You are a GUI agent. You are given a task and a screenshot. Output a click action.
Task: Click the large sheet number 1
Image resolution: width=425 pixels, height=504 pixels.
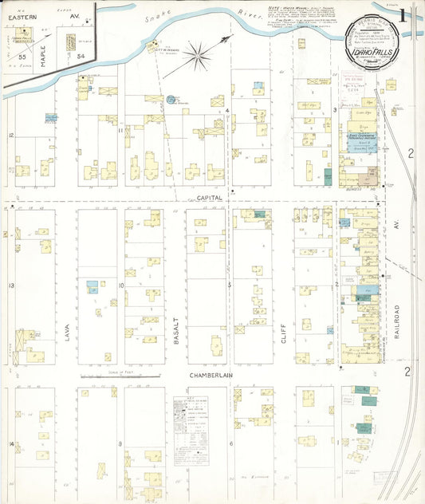pos(406,16)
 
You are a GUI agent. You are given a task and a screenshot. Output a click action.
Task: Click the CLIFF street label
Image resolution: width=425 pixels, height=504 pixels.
pos(282,329)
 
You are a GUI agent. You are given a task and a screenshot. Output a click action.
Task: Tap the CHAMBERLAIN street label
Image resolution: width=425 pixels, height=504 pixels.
pos(211,374)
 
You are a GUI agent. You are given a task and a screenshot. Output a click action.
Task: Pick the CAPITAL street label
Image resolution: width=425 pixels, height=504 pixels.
pos(211,196)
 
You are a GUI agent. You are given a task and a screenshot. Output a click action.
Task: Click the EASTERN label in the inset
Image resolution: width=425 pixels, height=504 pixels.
pos(17,14)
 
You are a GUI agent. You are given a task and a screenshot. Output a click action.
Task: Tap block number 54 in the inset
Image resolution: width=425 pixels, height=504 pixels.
pos(81,56)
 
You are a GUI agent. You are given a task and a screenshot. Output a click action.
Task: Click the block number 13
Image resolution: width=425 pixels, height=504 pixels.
pos(11,285)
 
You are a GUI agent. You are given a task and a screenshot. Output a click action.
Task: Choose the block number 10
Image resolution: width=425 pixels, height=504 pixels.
pos(120,285)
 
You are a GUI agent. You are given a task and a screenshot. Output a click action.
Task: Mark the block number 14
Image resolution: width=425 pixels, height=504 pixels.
pos(11,443)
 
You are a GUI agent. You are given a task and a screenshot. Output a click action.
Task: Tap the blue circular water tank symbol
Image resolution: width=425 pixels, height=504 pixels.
pos(171,100)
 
